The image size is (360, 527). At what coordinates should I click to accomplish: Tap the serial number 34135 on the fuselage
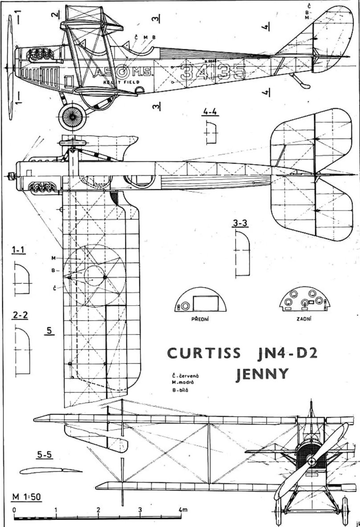(213, 71)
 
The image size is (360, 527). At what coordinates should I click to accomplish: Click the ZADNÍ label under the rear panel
(305, 319)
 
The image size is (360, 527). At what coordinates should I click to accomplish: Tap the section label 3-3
(241, 224)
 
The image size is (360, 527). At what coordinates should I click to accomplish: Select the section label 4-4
(209, 112)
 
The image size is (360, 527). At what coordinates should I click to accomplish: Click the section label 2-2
(20, 315)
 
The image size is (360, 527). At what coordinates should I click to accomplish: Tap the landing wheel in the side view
(71, 117)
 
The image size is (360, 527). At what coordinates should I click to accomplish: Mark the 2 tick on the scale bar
(98, 510)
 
